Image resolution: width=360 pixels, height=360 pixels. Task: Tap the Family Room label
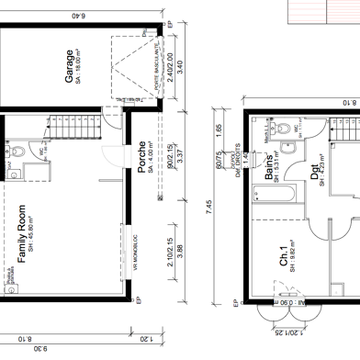[21, 235]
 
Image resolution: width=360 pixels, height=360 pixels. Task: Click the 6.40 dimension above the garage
[77, 16]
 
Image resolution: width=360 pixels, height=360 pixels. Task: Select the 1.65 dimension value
[219, 133]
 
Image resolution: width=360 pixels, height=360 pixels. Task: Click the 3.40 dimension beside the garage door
[180, 66]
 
